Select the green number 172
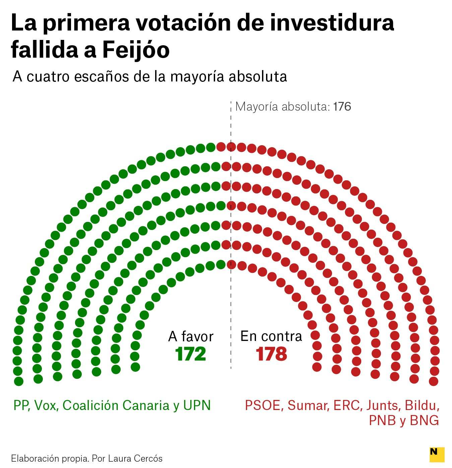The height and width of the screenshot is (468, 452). point(191,354)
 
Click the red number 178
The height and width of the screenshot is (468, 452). point(271,354)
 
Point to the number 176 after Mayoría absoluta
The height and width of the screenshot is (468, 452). point(342,107)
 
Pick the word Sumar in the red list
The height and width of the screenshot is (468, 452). point(308,405)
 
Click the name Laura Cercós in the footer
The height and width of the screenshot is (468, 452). point(135,458)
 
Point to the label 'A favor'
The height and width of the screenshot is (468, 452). point(191,336)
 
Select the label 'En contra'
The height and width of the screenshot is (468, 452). point(271,336)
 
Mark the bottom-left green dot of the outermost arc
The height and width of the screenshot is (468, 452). point(19,381)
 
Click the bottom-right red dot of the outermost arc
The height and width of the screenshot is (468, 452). point(434,381)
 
